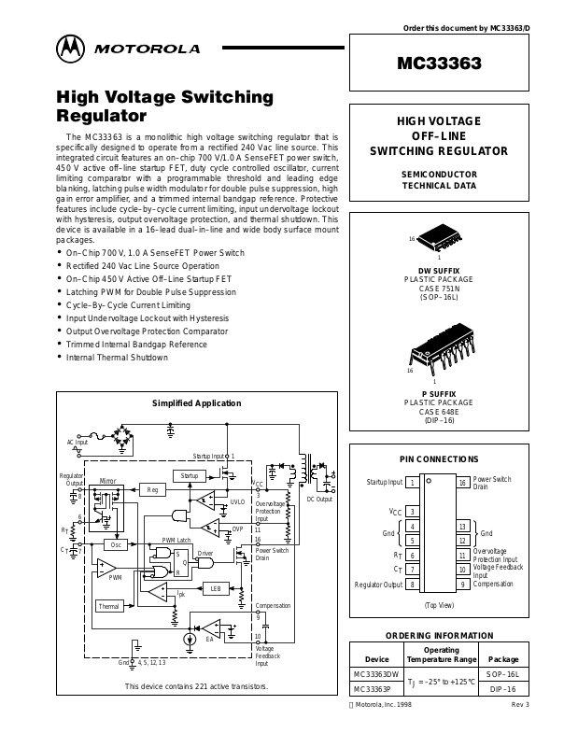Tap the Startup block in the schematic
(190, 475)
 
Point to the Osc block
(116, 544)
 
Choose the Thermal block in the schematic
(110, 606)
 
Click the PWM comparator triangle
(111, 567)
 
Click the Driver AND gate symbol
(209, 561)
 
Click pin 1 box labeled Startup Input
(412, 483)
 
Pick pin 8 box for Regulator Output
(412, 584)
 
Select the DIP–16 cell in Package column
(502, 689)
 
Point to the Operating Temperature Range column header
(440, 654)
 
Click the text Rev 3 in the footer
(520, 704)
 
